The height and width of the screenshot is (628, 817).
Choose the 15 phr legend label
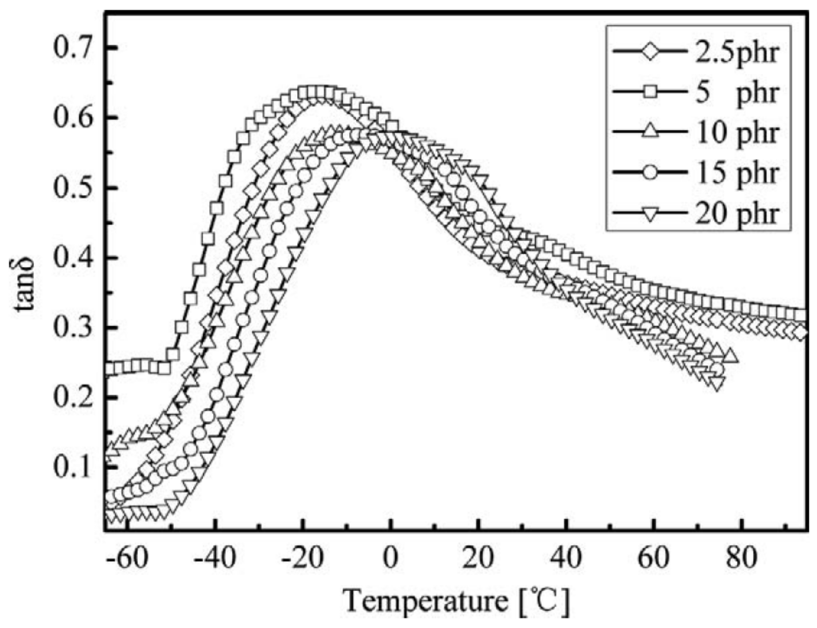click(x=736, y=172)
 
